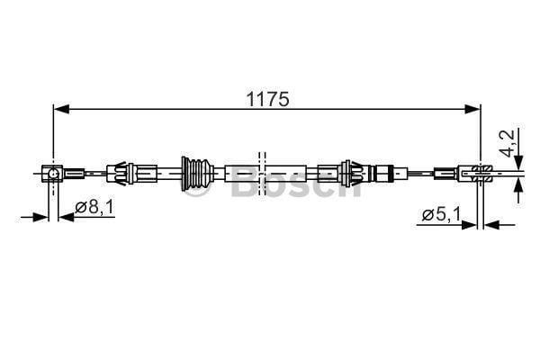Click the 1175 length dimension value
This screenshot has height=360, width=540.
click(268, 99)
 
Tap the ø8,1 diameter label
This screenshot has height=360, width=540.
click(94, 208)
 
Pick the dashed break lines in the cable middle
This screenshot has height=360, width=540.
click(262, 171)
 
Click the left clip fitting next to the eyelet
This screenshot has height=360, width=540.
click(121, 171)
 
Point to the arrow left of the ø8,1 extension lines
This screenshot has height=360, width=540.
click(41, 216)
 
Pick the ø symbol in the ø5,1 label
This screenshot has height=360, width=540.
click(427, 214)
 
